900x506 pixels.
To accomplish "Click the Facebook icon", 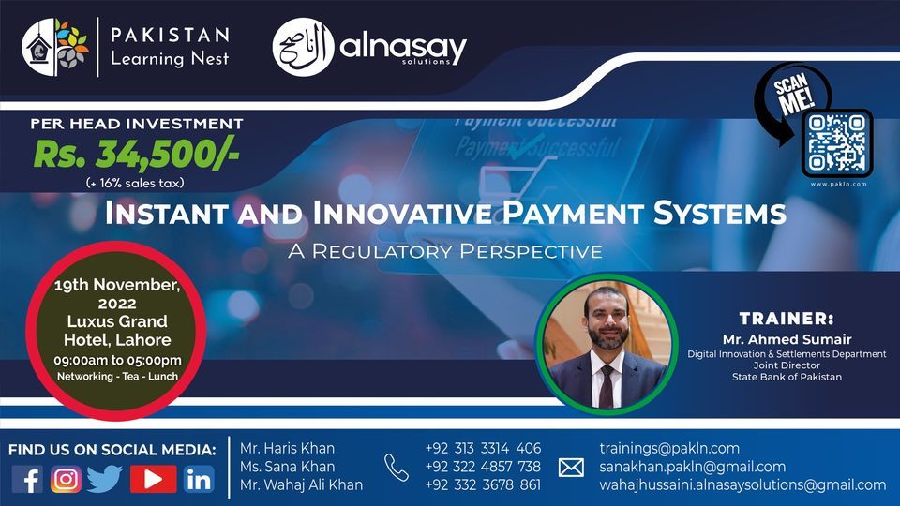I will pyautogui.click(x=28, y=479).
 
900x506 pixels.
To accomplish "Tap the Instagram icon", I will pyautogui.click(x=66, y=479).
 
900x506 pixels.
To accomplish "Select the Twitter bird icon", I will pyautogui.click(x=105, y=479).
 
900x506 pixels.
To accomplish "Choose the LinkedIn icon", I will pyautogui.click(x=199, y=479).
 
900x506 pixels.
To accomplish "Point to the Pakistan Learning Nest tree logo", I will pyautogui.click(x=55, y=48).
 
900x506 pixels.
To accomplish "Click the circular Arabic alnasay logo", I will pyautogui.click(x=303, y=48).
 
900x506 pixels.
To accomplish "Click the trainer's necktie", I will pyautogui.click(x=607, y=379).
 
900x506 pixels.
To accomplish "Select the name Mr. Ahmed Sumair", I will pyautogui.click(x=786, y=339).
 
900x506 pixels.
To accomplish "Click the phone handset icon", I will pyautogui.click(x=396, y=467).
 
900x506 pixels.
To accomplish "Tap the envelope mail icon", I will pyautogui.click(x=571, y=467).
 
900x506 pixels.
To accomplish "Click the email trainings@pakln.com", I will pyautogui.click(x=669, y=449).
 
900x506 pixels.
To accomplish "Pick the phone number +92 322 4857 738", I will pyautogui.click(x=483, y=467).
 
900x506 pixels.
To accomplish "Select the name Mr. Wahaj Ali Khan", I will pyautogui.click(x=301, y=484).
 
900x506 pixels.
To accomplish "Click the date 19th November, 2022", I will pyautogui.click(x=117, y=292).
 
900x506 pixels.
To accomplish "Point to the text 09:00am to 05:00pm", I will pyautogui.click(x=117, y=361).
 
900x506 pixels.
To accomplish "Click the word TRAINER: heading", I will pyautogui.click(x=786, y=319).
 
